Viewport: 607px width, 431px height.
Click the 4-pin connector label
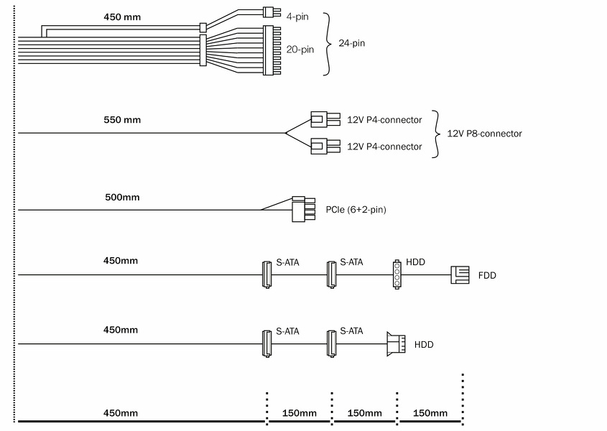click(297, 16)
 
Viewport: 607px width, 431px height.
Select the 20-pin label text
click(300, 50)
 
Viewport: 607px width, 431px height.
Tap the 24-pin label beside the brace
click(352, 44)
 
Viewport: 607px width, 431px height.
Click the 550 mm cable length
click(123, 119)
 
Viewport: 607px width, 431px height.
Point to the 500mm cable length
click(123, 197)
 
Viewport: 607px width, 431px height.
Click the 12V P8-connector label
click(484, 134)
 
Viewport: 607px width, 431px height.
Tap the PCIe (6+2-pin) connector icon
click(304, 209)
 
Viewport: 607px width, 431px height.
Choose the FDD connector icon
click(460, 275)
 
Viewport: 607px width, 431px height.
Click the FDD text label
click(487, 275)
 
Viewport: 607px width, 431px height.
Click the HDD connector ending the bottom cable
click(396, 344)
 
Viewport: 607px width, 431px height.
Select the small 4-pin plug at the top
click(270, 11)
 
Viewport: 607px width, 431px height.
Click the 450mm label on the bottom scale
click(121, 413)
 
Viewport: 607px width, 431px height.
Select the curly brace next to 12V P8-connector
click(436, 134)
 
